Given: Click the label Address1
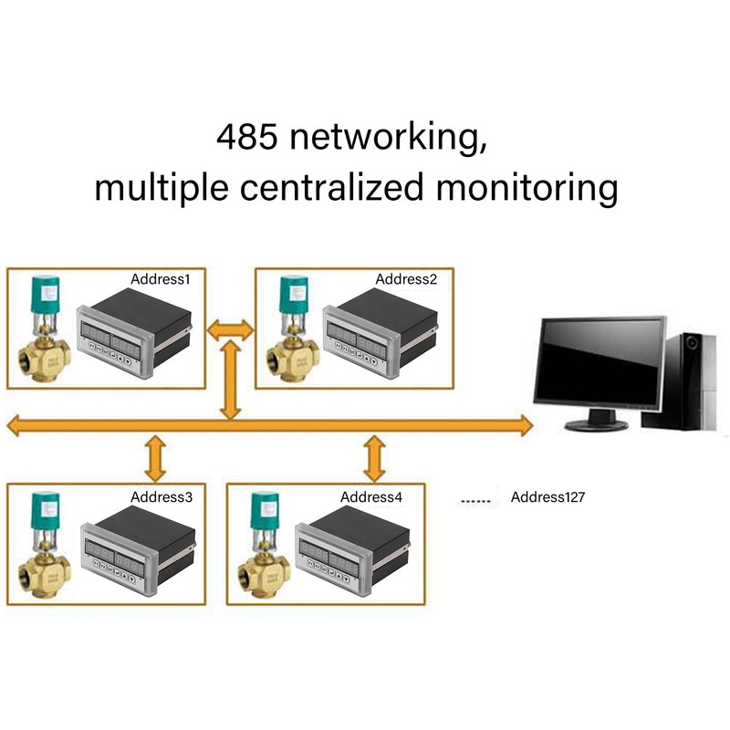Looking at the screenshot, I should click(161, 279).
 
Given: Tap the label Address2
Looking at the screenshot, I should click(407, 279).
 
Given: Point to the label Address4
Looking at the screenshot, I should click(371, 497).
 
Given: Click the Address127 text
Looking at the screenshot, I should click(547, 497).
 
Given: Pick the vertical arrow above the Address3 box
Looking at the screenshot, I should click(157, 459).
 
